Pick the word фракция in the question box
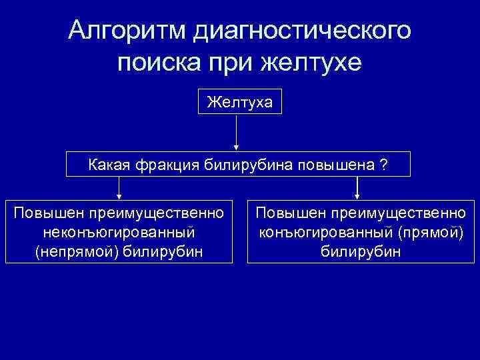[164, 165]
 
